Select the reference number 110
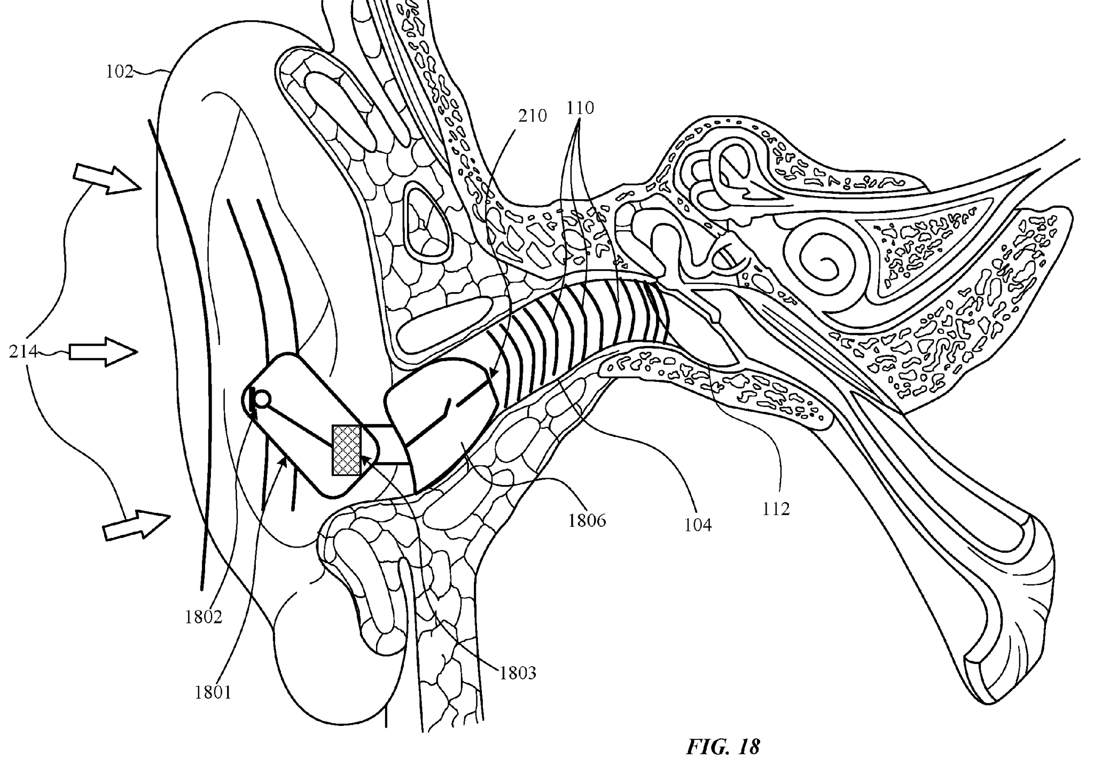580,108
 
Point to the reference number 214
23,351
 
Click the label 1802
204,617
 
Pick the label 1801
213,692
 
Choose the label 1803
517,673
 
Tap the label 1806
587,520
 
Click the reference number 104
698,525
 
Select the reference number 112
776,509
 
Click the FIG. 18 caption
722,746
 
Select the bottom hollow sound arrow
136,524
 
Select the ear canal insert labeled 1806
443,422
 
